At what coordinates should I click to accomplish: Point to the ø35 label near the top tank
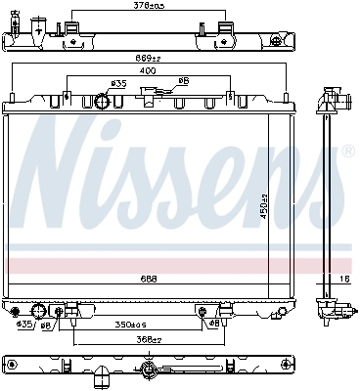pos(119,84)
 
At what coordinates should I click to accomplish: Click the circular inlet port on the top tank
pos(101,102)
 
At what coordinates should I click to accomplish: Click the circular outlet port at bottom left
pos(40,312)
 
